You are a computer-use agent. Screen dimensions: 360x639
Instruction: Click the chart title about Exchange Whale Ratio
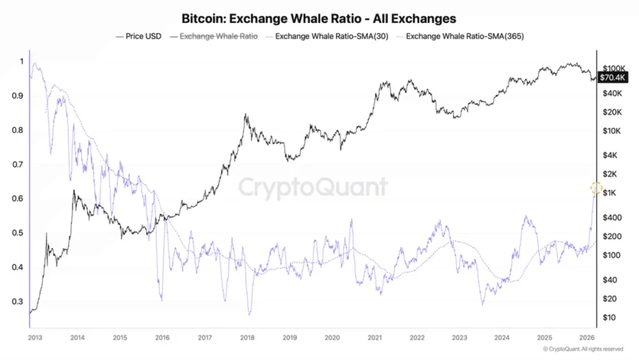pyautogui.click(x=318, y=19)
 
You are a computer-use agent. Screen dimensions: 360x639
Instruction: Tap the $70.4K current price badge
pyautogui.click(x=612, y=77)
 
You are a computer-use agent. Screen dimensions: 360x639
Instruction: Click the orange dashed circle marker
pyautogui.click(x=595, y=188)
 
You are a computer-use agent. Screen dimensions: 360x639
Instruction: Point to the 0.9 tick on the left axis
pyautogui.click(x=17, y=96)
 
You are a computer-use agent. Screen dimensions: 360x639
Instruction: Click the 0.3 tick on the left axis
pyautogui.click(x=17, y=302)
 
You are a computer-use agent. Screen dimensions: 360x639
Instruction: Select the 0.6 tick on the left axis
pyautogui.click(x=17, y=199)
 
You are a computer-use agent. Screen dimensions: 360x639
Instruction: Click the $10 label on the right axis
pyautogui.click(x=609, y=318)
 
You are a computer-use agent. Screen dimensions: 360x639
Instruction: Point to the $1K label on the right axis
pyautogui.click(x=610, y=193)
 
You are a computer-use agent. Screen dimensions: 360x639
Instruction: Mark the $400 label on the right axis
pyautogui.click(x=612, y=218)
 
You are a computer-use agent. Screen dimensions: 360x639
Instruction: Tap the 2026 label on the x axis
pyautogui.click(x=587, y=338)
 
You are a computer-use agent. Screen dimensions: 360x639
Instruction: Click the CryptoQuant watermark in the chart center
pyautogui.click(x=313, y=187)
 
